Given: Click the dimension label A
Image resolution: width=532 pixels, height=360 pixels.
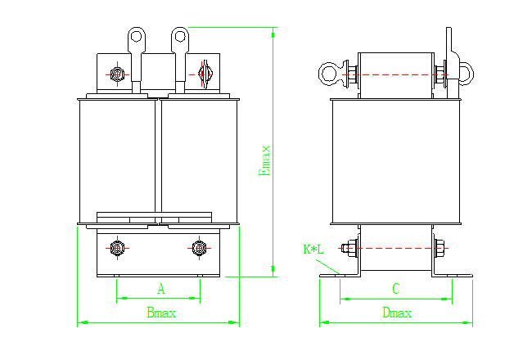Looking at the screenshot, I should click(161, 288).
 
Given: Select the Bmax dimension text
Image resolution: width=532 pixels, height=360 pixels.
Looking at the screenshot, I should click(161, 313).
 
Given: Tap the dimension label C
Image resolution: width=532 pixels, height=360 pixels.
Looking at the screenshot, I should click(395, 288).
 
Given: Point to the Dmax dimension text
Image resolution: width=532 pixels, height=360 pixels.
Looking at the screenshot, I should click(397, 313).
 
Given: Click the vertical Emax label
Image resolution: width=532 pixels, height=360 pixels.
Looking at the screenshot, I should click(264, 160).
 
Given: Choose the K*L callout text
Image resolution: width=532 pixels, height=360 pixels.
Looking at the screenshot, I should click(313, 249).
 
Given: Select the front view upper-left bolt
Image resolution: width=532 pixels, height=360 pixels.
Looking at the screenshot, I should click(118, 74).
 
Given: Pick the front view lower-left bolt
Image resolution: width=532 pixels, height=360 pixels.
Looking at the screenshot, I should click(117, 247).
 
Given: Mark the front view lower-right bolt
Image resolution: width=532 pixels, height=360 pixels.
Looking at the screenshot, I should click(198, 247).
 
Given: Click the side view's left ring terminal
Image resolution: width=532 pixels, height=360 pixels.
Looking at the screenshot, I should click(330, 74).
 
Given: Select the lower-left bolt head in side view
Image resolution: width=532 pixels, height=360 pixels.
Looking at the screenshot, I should click(351, 248).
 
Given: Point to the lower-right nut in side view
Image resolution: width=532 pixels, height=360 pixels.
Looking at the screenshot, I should click(440, 248).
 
